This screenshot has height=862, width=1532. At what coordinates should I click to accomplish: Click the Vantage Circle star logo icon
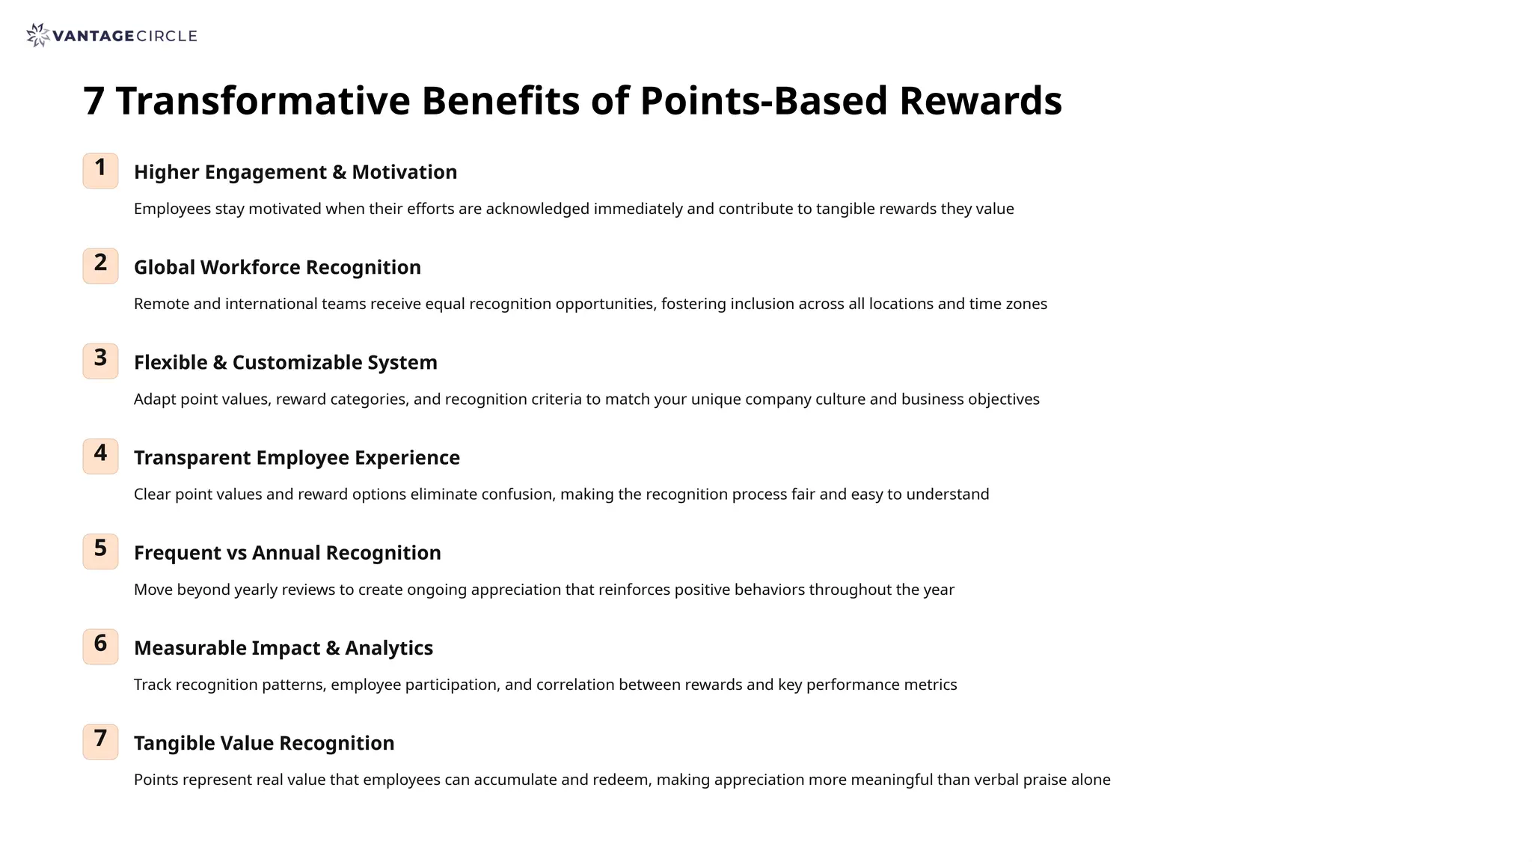[x=37, y=35]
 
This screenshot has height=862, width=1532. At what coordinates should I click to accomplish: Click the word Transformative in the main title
[x=263, y=101]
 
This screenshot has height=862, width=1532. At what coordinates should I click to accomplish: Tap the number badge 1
[x=100, y=171]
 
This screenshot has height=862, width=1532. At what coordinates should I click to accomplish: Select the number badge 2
[x=100, y=266]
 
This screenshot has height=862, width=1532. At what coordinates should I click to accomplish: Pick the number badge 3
[x=100, y=361]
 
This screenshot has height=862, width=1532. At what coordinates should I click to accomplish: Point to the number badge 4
[x=100, y=456]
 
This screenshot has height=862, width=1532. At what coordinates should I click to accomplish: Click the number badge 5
[x=100, y=551]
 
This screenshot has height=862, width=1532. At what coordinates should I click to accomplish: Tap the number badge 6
[x=100, y=646]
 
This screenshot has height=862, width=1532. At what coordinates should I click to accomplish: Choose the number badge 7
[x=100, y=741]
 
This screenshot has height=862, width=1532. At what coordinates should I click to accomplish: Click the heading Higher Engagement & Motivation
[x=295, y=172]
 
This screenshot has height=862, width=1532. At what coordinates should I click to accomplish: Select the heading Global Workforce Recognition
[x=277, y=267]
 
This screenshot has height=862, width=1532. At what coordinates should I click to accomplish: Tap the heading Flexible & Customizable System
[x=285, y=362]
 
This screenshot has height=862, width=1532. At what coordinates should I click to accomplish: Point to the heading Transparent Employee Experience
[x=296, y=457]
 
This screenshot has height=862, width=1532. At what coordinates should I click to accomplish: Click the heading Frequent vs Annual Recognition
[x=287, y=552]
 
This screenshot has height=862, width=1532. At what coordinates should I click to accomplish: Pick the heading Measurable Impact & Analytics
[x=283, y=647]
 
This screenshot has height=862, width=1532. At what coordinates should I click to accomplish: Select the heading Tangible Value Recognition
[x=263, y=742]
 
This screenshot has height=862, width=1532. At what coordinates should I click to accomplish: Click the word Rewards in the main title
[x=980, y=101]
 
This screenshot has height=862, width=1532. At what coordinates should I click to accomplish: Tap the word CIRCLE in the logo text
[x=167, y=36]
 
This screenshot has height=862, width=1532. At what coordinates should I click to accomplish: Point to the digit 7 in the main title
[x=94, y=101]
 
